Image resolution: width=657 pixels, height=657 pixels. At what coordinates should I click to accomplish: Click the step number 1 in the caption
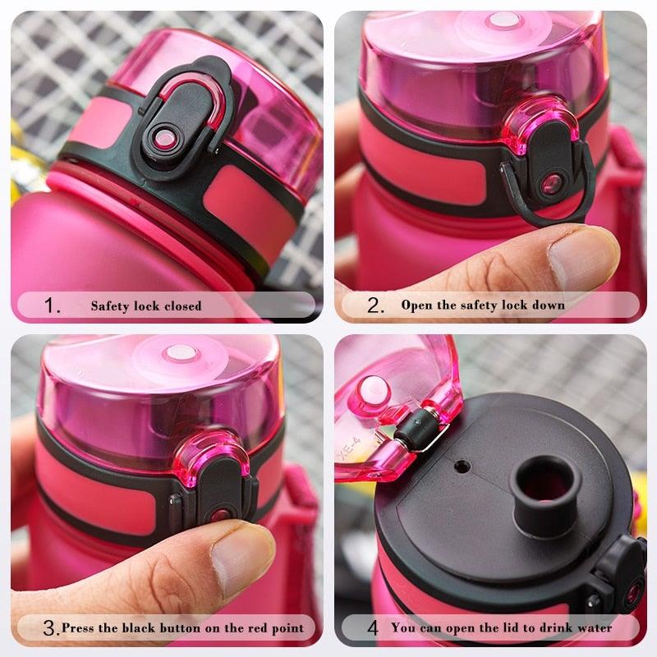pyautogui.click(x=53, y=306)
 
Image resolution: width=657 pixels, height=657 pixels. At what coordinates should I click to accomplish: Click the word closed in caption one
pyautogui.click(x=181, y=306)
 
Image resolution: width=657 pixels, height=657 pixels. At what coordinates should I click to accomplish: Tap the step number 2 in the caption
pyautogui.click(x=375, y=306)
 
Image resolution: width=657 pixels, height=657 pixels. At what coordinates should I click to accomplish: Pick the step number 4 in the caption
pyautogui.click(x=373, y=628)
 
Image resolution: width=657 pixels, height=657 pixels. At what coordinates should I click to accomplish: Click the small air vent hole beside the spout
pyautogui.click(x=462, y=466)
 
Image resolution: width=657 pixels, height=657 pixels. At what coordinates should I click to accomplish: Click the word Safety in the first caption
pyautogui.click(x=110, y=306)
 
